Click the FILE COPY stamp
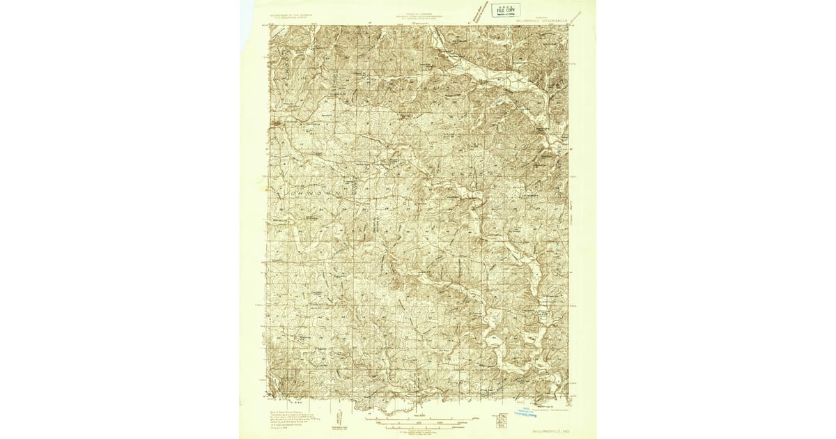[506, 10]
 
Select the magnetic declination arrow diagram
[340, 417]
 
